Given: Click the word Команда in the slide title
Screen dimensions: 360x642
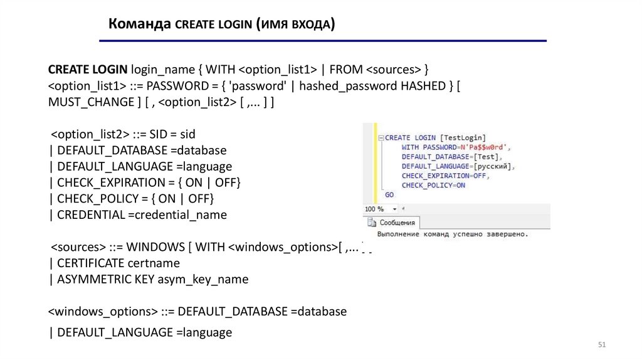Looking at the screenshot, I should (139, 24).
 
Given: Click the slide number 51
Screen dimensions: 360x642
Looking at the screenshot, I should (603, 346).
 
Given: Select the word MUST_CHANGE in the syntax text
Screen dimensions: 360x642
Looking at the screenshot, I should (91, 103).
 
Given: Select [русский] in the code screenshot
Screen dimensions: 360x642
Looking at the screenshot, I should (493, 166).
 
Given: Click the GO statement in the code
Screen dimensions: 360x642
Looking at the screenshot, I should (389, 195).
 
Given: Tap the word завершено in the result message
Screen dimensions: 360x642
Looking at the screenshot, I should (505, 235).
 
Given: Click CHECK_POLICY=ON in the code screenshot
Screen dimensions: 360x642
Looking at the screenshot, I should (433, 186).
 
